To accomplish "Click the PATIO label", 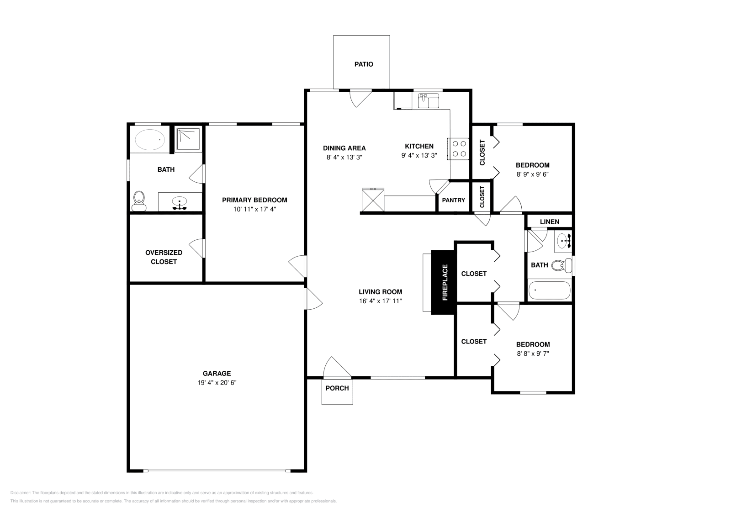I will [x=364, y=64].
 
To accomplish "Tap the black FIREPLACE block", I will [x=444, y=282].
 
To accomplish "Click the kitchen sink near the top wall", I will [x=428, y=100].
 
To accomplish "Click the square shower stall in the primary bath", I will [x=188, y=139].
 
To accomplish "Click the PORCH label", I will [x=337, y=388].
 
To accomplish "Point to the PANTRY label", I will [x=453, y=200].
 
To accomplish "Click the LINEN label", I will [x=549, y=222].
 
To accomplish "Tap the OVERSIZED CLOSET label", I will [x=164, y=257].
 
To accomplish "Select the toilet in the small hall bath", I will [x=562, y=265].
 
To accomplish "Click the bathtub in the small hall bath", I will [x=549, y=290].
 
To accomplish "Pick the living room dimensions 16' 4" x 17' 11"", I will [x=380, y=301].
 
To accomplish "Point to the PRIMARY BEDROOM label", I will [x=254, y=200].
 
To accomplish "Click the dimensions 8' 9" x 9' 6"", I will [x=532, y=174].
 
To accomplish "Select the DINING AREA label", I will [x=344, y=148].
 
